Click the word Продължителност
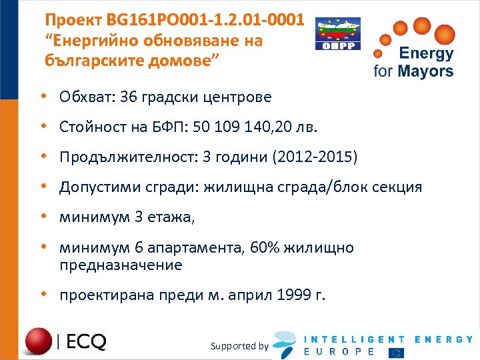click(x=121, y=157)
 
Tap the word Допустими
click(x=96, y=187)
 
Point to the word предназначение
click(x=120, y=265)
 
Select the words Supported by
click(x=239, y=346)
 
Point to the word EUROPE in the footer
click(x=339, y=351)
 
